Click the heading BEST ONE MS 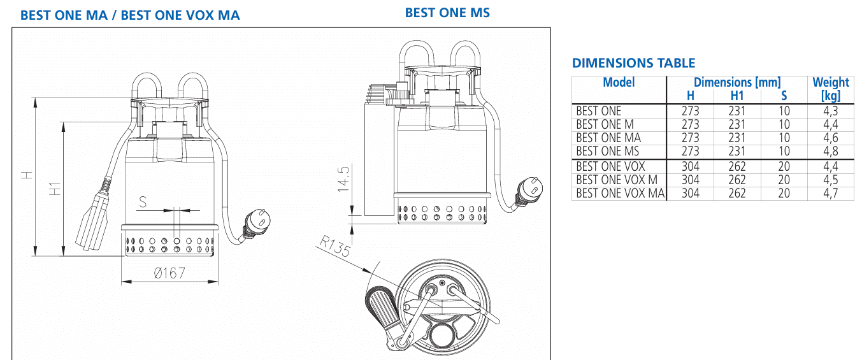447,12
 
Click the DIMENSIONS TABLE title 633,63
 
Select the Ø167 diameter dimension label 169,273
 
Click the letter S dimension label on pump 143,202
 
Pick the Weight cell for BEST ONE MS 830,152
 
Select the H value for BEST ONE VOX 690,167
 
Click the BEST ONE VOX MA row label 619,194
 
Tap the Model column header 619,82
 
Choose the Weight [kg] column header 830,89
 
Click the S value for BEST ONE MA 784,138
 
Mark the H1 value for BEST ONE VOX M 736,180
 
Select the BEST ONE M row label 605,125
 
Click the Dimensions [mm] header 736,82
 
